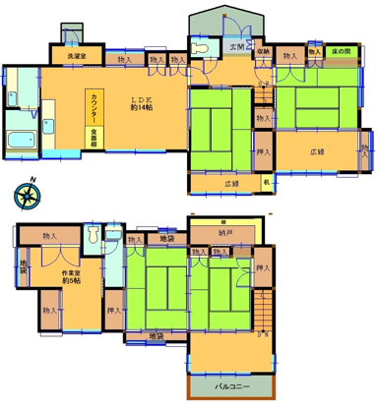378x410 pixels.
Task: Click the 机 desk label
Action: pyautogui.click(x=265, y=183)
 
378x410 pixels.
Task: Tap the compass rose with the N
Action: pyautogui.click(x=27, y=192)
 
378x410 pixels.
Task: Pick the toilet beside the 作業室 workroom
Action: pyautogui.click(x=92, y=236)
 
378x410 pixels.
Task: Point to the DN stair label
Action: pyautogui.click(x=263, y=334)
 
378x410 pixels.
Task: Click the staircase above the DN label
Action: pyautogui.click(x=263, y=311)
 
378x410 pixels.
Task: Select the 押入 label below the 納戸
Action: pyautogui.click(x=262, y=267)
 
